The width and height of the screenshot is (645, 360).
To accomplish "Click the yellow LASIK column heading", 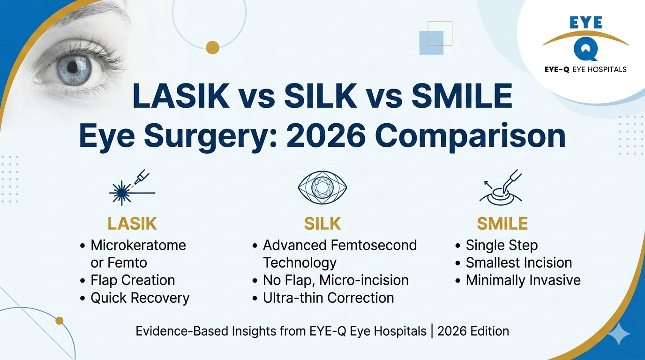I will (x=132, y=224).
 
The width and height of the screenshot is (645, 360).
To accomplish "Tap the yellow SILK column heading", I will (x=322, y=224).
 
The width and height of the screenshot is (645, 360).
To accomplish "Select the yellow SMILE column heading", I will (x=502, y=224).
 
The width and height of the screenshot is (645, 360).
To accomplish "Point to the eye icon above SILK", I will (x=322, y=187).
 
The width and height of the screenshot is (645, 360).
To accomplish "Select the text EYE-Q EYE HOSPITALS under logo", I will (x=585, y=69).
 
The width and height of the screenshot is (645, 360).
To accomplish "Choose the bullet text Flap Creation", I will (x=133, y=280).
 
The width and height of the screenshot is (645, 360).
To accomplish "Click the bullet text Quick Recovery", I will (x=140, y=298).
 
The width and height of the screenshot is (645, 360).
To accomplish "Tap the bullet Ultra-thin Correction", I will (x=328, y=298).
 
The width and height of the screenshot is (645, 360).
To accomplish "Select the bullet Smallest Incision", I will (x=519, y=262).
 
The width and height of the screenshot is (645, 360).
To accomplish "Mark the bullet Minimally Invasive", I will (x=523, y=280).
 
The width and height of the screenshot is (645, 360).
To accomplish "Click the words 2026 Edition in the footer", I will (x=473, y=331).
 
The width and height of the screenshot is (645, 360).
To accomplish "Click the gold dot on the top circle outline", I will (x=212, y=47).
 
